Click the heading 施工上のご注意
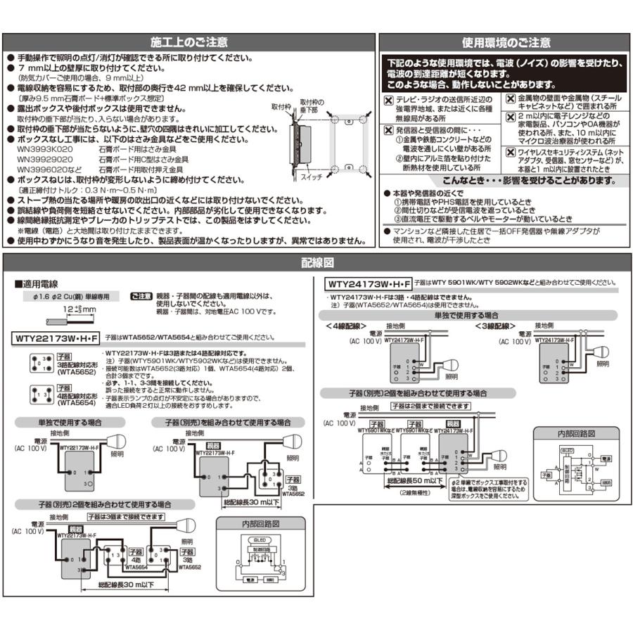pos(189,42)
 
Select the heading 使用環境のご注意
pos(506,42)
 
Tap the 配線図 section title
pos(316,263)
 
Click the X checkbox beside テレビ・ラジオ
pos(388,101)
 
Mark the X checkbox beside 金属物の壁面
pos(510,100)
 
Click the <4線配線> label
pos(346,326)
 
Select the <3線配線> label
pos(497,326)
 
